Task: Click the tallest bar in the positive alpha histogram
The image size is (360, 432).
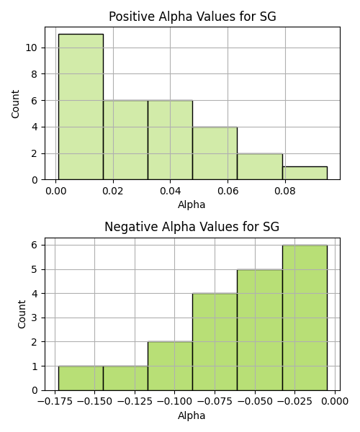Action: (x=81, y=107)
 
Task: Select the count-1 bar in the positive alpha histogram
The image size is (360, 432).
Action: (x=305, y=173)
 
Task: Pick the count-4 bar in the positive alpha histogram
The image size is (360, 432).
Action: (x=215, y=153)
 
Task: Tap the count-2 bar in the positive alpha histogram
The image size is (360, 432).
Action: (x=260, y=166)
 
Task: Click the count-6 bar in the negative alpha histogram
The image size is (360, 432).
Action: (x=305, y=318)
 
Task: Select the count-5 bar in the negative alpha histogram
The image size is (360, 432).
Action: (x=260, y=330)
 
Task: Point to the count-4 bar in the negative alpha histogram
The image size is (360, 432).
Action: (x=215, y=342)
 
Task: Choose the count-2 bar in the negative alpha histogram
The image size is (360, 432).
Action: (x=170, y=366)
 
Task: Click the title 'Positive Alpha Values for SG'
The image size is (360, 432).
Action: (x=192, y=17)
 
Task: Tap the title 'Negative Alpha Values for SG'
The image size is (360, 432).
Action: (x=192, y=227)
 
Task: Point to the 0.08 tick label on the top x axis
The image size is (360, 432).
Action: (x=285, y=191)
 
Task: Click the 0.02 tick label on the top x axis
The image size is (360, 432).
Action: (x=113, y=191)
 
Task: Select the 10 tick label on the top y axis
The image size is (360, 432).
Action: (x=31, y=48)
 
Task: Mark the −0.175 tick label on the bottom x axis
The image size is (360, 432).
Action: (x=55, y=402)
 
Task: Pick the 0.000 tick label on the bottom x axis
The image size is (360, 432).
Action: (x=336, y=402)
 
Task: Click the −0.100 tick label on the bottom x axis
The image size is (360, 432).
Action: (x=174, y=402)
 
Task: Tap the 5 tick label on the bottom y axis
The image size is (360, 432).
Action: (x=35, y=269)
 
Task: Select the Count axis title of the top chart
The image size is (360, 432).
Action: (x=15, y=104)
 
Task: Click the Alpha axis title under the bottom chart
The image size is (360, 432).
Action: (x=192, y=415)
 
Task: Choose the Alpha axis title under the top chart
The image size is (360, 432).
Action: (x=192, y=204)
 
